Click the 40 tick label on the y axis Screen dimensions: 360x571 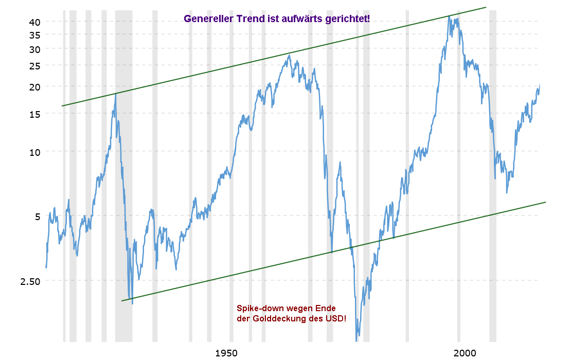coord(33,22)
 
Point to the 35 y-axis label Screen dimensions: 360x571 coord(33,34)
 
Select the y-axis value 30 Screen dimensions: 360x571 coord(33,49)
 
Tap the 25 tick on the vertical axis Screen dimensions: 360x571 coord(33,66)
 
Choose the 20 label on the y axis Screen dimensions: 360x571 coord(33,86)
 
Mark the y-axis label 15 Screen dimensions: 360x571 coord(33,114)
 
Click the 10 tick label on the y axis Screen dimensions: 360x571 coord(33,152)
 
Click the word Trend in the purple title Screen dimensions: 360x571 coord(250,20)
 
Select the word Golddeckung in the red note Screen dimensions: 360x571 coord(286,319)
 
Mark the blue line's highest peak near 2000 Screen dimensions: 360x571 coord(449,16)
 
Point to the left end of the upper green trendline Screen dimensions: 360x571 coord(62,106)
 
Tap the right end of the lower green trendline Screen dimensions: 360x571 coord(545,202)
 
